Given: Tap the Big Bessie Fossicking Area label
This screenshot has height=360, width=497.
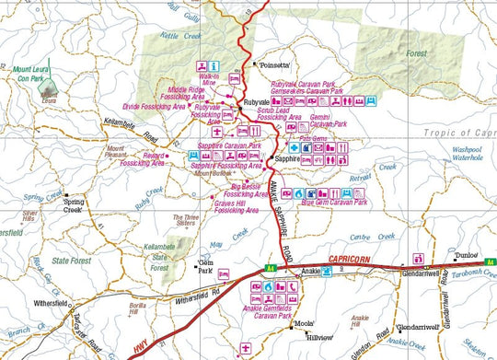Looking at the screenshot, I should [x=250, y=191].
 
